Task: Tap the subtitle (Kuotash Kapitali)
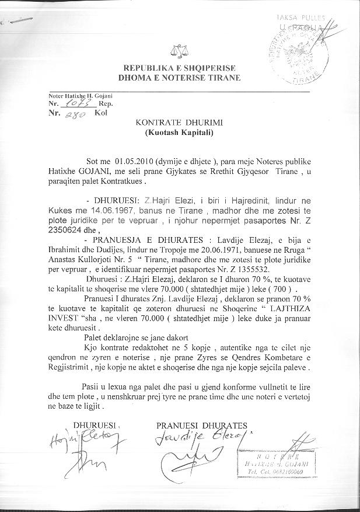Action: coord(179,133)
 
